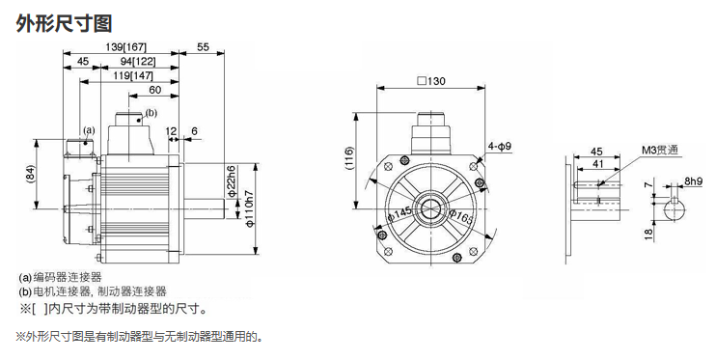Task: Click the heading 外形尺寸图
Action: pos(64,23)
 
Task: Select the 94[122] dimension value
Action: pos(138,61)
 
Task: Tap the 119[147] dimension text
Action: pos(133,76)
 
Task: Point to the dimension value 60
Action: pos(155,90)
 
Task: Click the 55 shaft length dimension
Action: pos(203,46)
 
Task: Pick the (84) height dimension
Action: pos(31,174)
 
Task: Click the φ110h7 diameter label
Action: pos(250,208)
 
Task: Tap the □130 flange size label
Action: pos(431,81)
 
